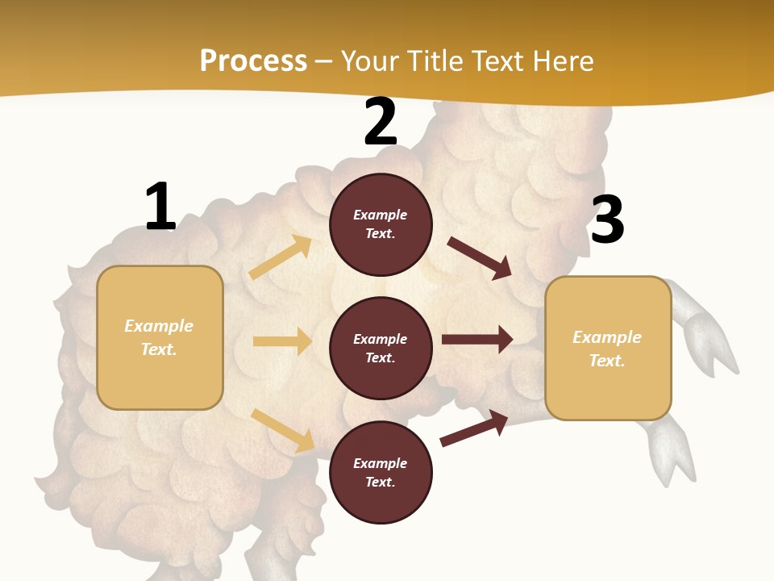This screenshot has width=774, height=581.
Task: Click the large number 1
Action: (x=160, y=207)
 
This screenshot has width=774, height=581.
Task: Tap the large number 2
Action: (x=381, y=123)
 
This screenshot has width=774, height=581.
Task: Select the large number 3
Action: (x=607, y=219)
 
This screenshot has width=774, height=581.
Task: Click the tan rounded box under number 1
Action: (x=160, y=337)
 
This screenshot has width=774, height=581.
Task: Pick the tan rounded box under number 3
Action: (x=608, y=348)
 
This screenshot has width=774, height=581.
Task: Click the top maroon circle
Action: (x=381, y=224)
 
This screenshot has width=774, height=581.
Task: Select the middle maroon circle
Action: (x=381, y=348)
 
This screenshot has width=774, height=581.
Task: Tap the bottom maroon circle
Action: (x=381, y=472)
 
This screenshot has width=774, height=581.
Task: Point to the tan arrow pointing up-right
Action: (x=281, y=257)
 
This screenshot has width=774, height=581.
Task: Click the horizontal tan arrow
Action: (x=282, y=341)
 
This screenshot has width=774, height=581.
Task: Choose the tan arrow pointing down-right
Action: (x=282, y=430)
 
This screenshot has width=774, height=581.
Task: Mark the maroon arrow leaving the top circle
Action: (x=480, y=258)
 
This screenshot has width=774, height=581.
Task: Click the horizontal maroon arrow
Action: (x=477, y=340)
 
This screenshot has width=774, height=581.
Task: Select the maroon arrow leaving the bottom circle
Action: (x=474, y=428)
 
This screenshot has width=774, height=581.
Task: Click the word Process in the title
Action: (x=253, y=61)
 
